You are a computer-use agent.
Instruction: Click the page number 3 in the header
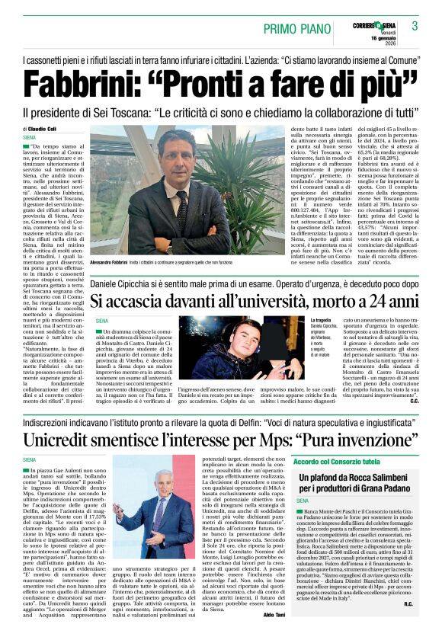pyautogui.click(x=415, y=26)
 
